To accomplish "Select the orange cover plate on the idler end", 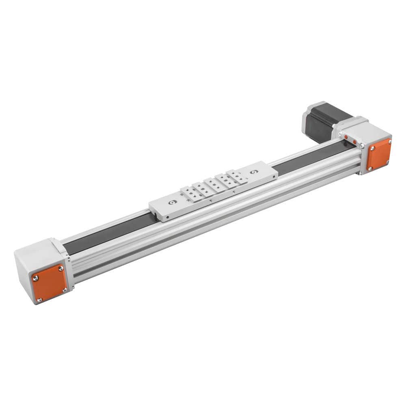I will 49,283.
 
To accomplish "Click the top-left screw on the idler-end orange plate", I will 36,278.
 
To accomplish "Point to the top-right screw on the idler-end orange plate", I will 61,268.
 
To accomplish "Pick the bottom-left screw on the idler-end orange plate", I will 39,300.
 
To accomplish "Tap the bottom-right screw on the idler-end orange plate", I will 64,289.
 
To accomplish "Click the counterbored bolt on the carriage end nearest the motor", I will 254,172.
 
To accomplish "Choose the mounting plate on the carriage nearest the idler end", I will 189,196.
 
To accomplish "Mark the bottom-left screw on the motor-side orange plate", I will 370,168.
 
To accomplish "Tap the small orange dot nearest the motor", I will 346,137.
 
